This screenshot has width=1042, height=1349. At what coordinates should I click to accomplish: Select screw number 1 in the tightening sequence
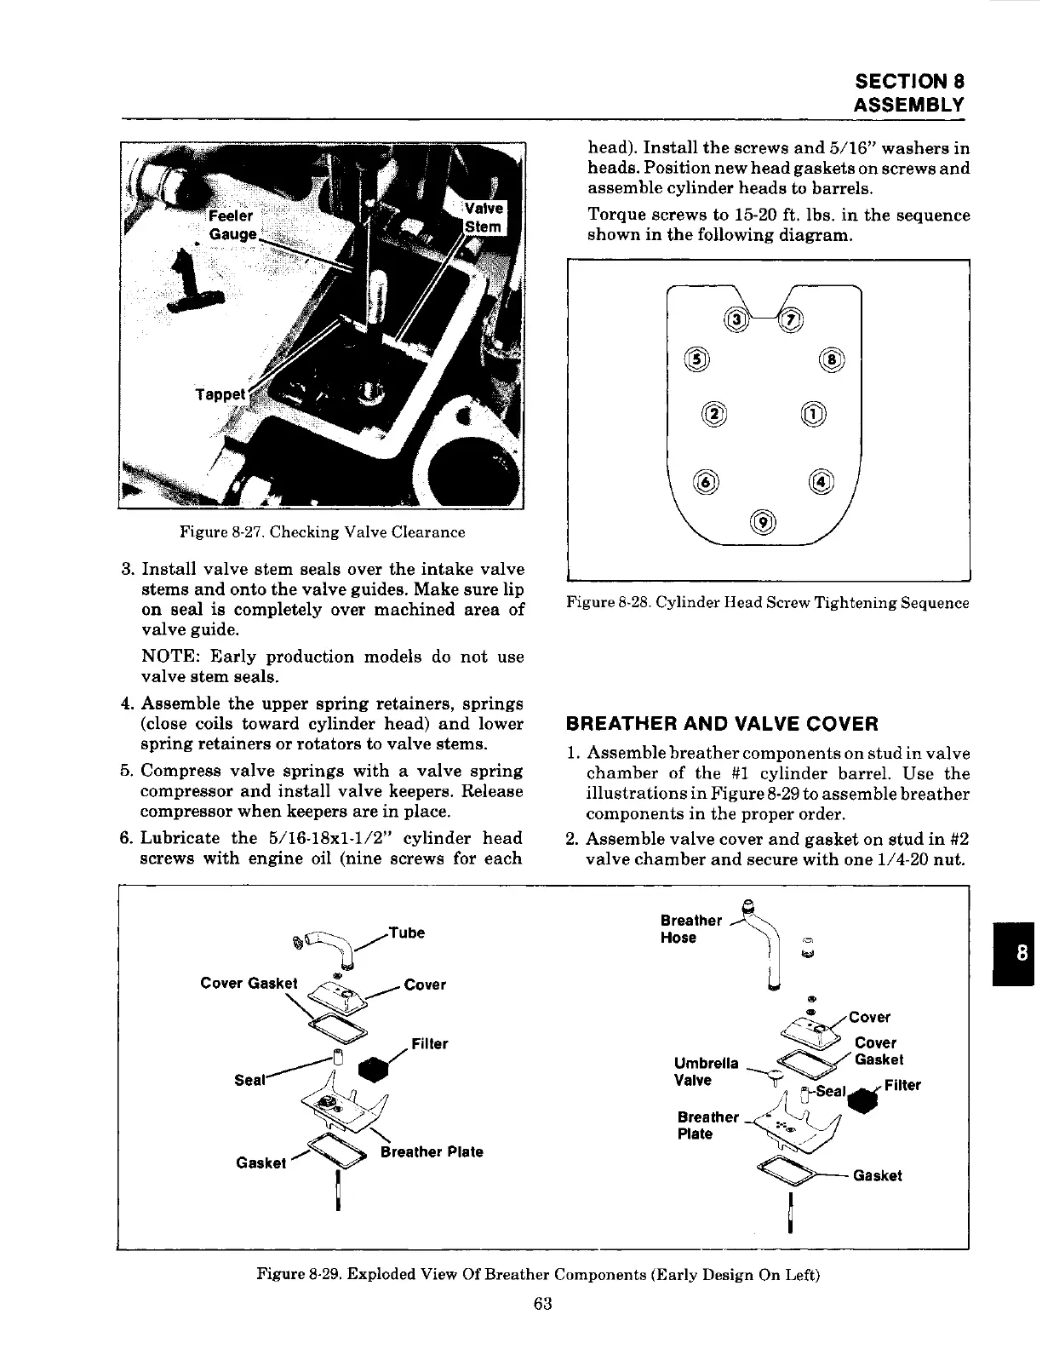[x=813, y=414]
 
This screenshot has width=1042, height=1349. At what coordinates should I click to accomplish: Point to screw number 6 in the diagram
[x=707, y=481]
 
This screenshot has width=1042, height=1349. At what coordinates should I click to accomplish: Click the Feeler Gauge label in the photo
[x=232, y=226]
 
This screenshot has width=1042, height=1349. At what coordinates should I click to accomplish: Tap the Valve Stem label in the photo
[x=484, y=217]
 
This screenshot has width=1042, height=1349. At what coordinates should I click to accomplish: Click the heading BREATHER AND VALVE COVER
[x=722, y=724]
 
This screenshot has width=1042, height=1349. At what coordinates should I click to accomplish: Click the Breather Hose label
[x=690, y=929]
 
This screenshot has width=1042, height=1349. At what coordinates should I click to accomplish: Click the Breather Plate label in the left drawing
[x=432, y=1151]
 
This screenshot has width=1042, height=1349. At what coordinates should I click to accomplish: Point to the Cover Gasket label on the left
[x=249, y=983]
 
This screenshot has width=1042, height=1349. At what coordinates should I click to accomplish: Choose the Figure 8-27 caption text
[x=322, y=532]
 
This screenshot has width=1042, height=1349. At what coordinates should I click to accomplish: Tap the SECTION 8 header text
[x=909, y=82]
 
